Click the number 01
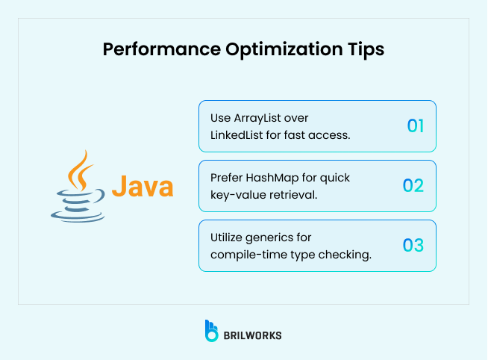click(415, 125)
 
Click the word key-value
click(231, 195)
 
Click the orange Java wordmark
click(143, 186)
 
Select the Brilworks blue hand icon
click(212, 331)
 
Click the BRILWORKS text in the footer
click(253, 335)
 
